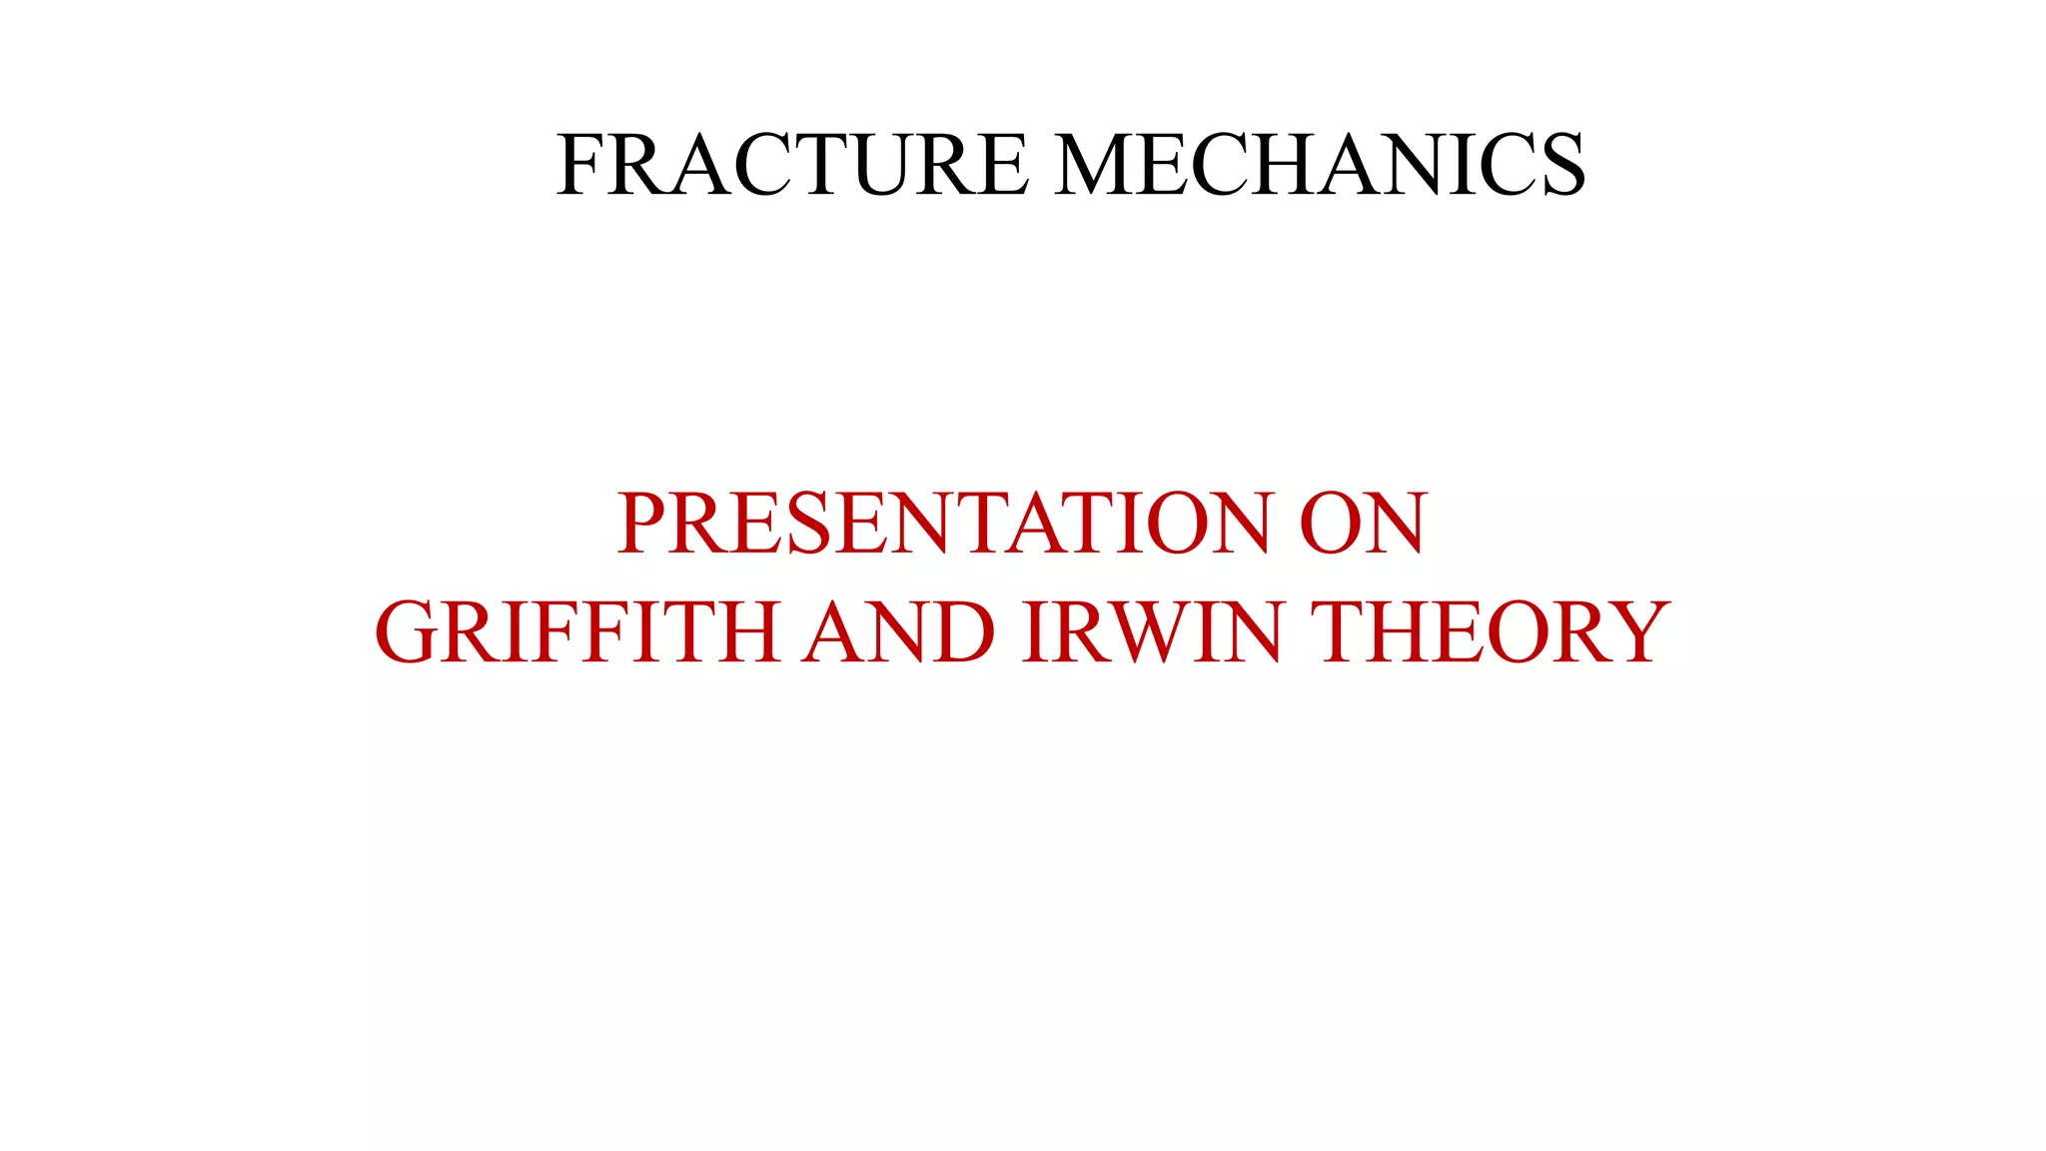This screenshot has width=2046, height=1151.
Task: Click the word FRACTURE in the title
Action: tap(792, 164)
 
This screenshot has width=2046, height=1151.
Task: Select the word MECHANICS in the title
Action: tap(1320, 164)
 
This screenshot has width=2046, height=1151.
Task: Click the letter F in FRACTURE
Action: tap(579, 164)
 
